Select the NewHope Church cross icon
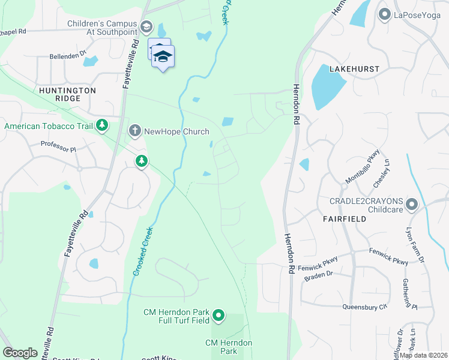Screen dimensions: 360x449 (135, 130)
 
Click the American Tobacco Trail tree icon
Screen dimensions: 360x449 (103, 125)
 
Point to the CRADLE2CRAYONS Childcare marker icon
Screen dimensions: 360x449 (412, 205)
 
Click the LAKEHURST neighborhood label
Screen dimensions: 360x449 (354, 69)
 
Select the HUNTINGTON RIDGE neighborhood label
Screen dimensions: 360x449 (67, 94)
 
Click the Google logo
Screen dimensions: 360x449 (20, 353)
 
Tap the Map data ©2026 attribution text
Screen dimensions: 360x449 (424, 355)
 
